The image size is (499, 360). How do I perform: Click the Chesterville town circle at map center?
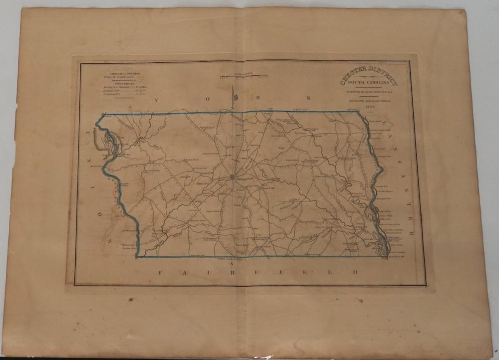coord(233,176)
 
